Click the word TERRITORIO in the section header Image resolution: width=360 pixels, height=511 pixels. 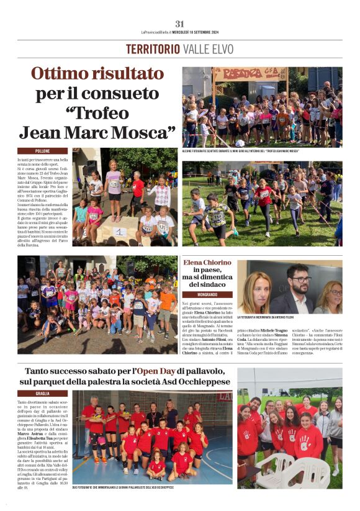[x=153, y=49]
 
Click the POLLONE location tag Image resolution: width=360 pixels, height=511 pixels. [x=42, y=151]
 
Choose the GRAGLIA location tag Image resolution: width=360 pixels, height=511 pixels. [x=42, y=393]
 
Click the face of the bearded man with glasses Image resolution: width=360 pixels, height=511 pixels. [x=298, y=278]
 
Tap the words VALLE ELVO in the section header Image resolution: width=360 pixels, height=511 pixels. [x=209, y=49]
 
